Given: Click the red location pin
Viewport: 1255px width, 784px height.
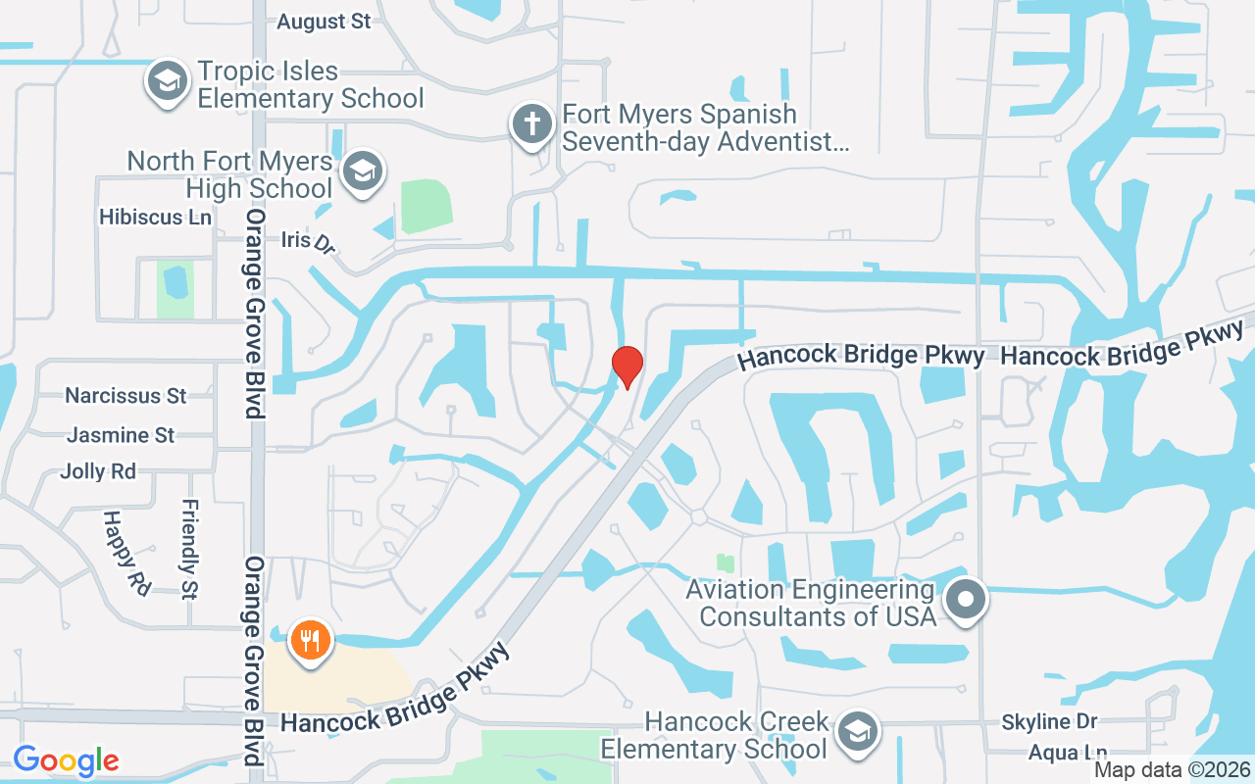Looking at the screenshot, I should [x=627, y=367].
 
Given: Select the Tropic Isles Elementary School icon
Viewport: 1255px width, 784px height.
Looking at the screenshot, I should [x=168, y=81].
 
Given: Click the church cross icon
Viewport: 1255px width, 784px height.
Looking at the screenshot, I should [x=530, y=125].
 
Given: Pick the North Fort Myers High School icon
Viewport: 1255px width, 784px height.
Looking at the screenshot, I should [x=362, y=171].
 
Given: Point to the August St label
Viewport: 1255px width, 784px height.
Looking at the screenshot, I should [x=324, y=22].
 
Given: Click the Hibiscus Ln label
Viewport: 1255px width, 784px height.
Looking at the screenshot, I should [x=155, y=217].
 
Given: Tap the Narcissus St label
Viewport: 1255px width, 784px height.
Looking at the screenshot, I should [x=125, y=396].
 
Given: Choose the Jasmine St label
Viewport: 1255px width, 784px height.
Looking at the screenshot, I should [x=121, y=434].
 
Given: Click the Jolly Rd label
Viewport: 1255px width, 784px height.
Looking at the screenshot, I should [x=98, y=471].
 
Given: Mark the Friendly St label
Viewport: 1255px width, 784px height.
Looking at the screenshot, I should [x=189, y=549].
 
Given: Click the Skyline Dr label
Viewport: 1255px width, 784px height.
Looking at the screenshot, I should [x=1049, y=722].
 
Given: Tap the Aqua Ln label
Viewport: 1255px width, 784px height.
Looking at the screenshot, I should [x=1068, y=753].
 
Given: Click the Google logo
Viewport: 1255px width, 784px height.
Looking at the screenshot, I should [x=66, y=759].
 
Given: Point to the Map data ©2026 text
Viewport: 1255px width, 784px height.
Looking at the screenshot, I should [x=1172, y=769].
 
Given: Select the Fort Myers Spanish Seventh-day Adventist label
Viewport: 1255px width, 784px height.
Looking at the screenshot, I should [x=704, y=128].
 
